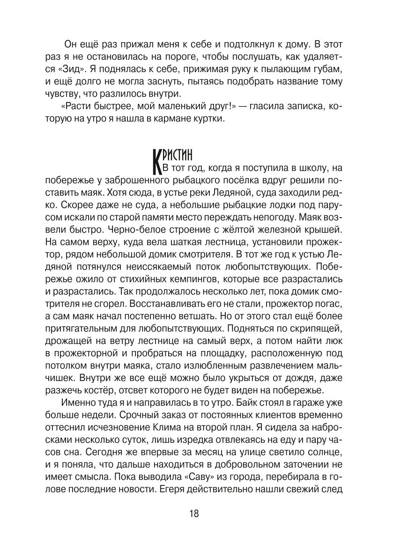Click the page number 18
point(194,513)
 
